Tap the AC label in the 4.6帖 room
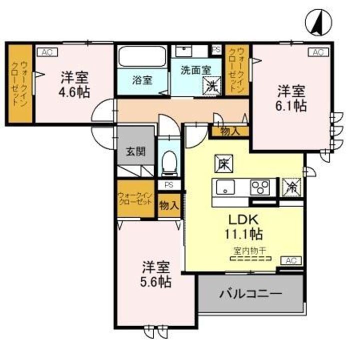(45, 52)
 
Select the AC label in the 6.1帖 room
(317, 52)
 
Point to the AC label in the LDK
(292, 260)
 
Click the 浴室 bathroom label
(142, 80)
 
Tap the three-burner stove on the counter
(260, 187)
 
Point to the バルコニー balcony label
(250, 294)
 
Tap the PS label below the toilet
(169, 184)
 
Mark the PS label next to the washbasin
(216, 49)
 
